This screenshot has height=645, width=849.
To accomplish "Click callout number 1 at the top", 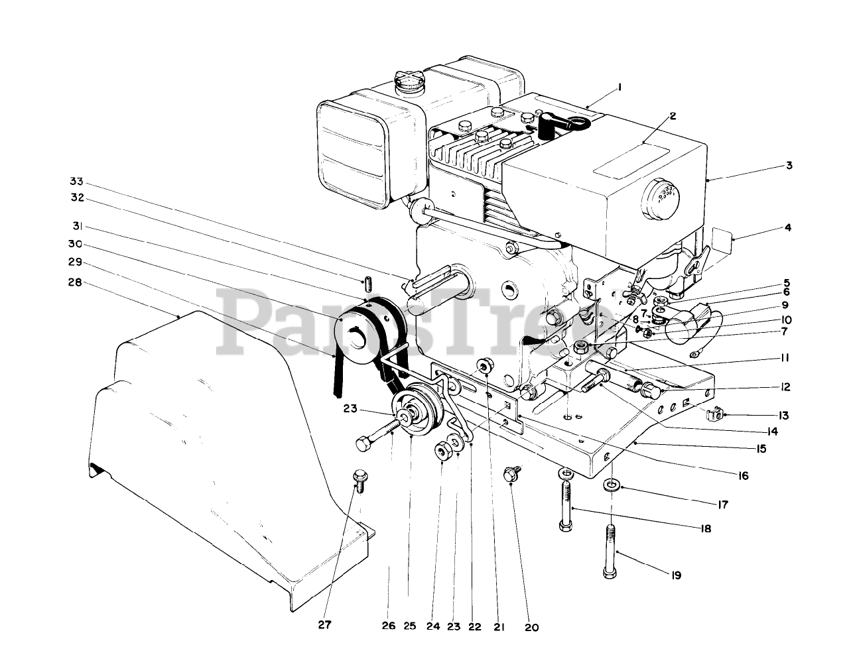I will [619, 87].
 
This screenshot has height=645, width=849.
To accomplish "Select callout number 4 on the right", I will [787, 227].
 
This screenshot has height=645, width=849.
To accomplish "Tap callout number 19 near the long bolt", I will [675, 575].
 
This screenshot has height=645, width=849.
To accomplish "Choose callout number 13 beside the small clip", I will [785, 416].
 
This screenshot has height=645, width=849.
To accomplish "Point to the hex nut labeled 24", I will [442, 452].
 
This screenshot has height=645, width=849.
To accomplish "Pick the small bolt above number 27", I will [361, 480].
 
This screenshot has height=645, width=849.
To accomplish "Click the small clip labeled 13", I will [712, 416].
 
